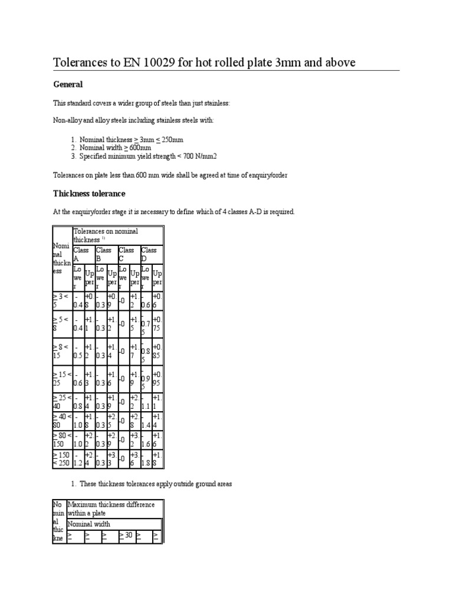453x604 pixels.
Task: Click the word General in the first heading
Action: [68, 85]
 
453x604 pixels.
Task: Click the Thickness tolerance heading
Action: [89, 193]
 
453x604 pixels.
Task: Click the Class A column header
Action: [83, 254]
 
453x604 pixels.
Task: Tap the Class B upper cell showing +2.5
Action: [112, 420]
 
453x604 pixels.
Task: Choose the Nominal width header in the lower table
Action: [89, 524]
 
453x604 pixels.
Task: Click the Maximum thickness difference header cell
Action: [111, 508]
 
